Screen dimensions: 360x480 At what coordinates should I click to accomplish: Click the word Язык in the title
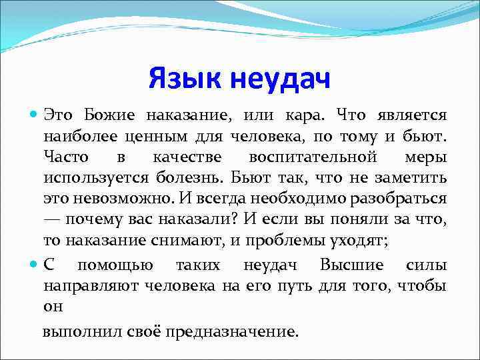pyautogui.click(x=185, y=79)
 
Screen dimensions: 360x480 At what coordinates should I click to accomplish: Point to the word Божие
pyautogui.click(x=109, y=115)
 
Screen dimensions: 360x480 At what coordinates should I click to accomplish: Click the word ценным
pyautogui.click(x=140, y=137)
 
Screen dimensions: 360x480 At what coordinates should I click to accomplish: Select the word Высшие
pyautogui.click(x=351, y=265)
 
